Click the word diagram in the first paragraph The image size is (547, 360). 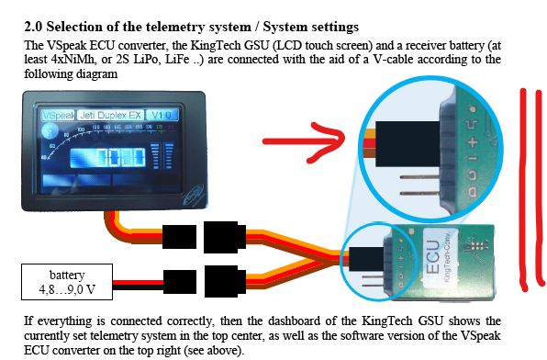(92, 76)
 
